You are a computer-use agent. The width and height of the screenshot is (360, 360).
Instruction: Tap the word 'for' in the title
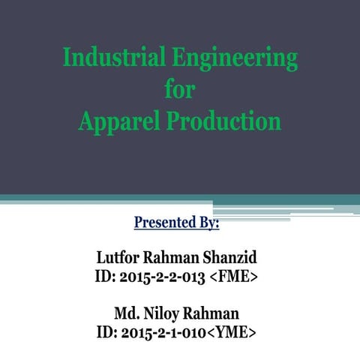[x=178, y=90]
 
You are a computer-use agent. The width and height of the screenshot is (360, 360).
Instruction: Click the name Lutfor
[x=122, y=259]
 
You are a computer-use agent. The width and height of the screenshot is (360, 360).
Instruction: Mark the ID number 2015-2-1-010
[x=162, y=330]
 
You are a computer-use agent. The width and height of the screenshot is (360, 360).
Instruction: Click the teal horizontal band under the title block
[x=150, y=199]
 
